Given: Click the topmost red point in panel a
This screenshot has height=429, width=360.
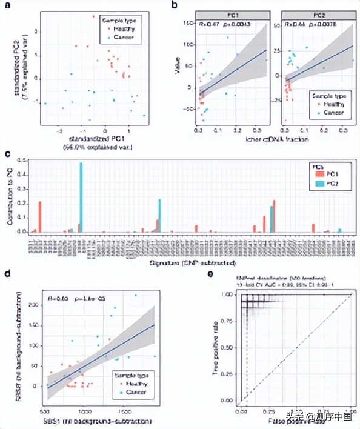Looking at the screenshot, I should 93,16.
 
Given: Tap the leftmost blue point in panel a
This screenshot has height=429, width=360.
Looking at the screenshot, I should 45,104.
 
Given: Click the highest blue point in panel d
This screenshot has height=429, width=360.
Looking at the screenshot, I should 135,295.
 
